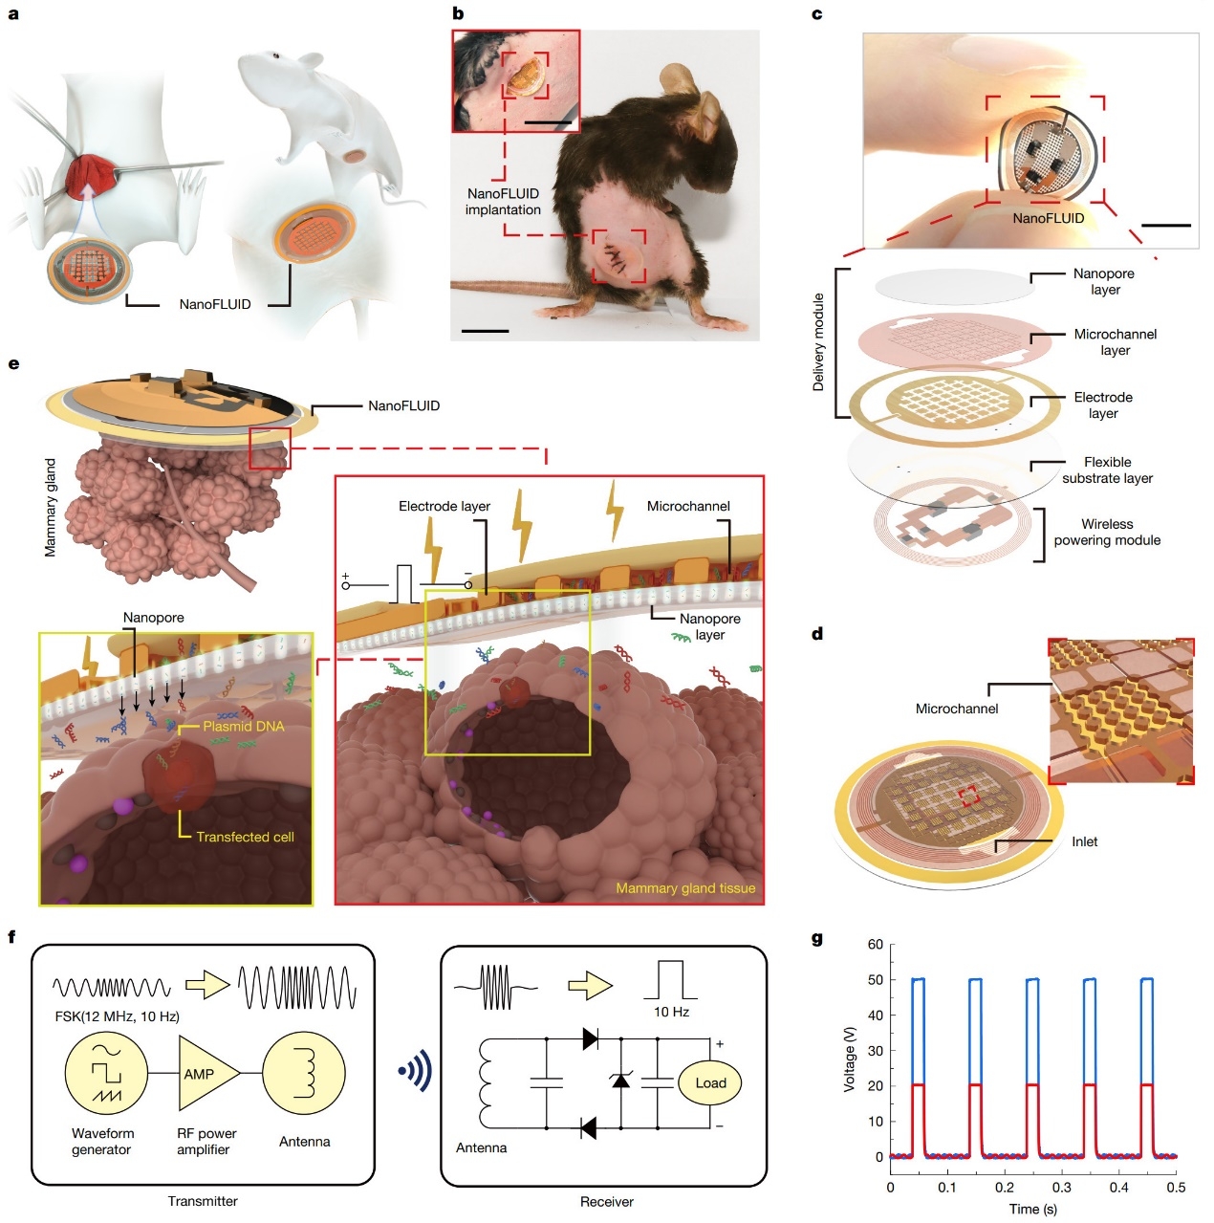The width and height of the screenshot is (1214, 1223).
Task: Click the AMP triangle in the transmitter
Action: (204, 1074)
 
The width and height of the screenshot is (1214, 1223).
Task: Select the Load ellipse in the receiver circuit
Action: (710, 1083)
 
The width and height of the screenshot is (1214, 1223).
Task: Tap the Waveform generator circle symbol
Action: (106, 1075)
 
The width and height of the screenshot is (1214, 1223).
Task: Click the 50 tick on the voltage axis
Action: (876, 980)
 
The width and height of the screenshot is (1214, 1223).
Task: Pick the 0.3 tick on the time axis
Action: (1062, 1187)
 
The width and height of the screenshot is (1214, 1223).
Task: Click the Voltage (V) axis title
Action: (849, 1059)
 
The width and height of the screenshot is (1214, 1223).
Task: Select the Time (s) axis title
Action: (1033, 1209)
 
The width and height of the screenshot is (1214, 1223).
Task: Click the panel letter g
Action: (817, 938)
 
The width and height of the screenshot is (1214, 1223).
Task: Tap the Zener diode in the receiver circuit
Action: (620, 1081)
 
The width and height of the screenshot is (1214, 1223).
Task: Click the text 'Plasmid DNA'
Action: (243, 727)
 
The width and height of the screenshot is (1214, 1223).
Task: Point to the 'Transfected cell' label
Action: (245, 837)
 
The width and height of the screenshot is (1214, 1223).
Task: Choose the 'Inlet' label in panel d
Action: (1084, 841)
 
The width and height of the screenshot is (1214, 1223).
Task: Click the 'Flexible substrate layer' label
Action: (1107, 470)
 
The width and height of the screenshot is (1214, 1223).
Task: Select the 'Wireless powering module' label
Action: (1107, 532)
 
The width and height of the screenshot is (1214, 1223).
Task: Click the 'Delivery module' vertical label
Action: (818, 342)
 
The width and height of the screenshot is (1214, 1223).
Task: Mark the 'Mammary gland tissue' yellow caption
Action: (685, 888)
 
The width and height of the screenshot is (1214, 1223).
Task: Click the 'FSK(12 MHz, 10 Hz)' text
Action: (117, 1016)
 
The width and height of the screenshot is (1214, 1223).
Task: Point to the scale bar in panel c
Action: (1166, 226)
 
